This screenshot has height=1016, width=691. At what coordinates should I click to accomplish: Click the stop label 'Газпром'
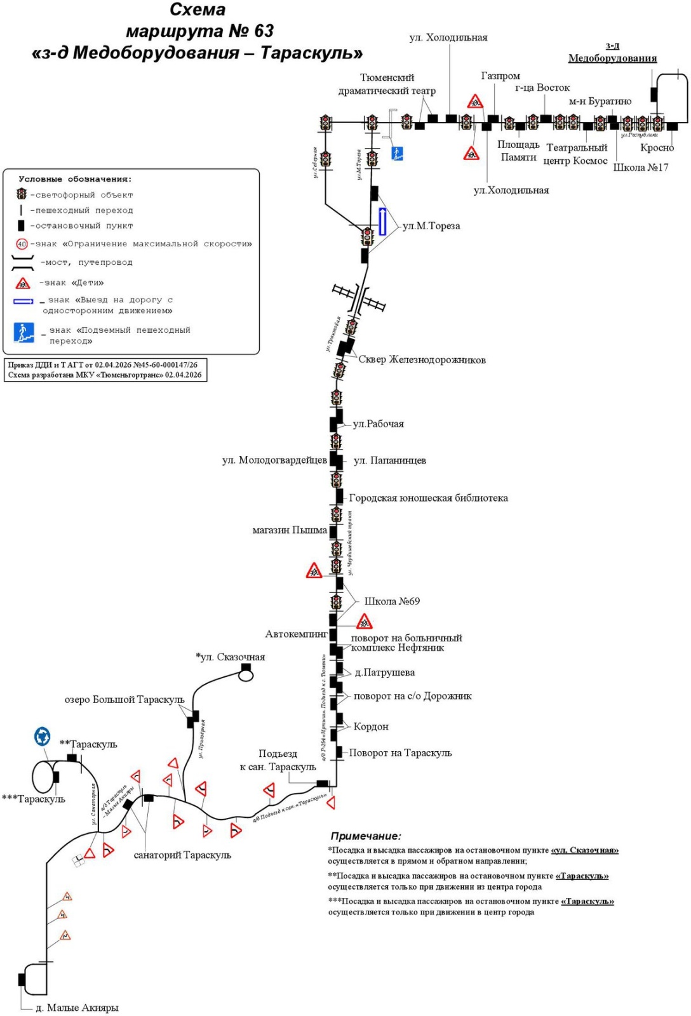500,76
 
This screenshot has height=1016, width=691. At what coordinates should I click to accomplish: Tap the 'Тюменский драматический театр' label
387,84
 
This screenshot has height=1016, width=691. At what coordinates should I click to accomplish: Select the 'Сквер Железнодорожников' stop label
422,360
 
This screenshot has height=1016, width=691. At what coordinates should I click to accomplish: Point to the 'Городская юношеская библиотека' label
428,498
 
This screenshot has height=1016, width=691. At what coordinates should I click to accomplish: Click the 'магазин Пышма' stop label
290,530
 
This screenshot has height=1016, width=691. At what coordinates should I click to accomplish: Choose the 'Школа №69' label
392,601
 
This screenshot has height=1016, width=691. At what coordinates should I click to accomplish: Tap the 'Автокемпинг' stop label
296,634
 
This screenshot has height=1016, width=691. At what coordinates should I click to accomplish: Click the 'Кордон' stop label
371,726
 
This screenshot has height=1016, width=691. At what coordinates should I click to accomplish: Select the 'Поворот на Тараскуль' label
400,753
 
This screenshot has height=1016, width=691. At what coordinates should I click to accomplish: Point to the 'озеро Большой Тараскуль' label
124,699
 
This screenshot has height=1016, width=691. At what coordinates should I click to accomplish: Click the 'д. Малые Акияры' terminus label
77,1008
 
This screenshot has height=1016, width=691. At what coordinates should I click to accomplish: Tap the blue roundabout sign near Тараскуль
43,737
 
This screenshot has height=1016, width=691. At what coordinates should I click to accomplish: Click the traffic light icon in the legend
22,194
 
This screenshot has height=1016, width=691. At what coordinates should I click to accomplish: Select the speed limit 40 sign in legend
22,244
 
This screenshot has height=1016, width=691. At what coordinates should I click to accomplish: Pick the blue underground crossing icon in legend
24,333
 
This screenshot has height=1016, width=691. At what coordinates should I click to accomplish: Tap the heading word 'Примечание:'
366,836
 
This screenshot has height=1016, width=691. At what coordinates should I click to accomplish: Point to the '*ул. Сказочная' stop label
231,657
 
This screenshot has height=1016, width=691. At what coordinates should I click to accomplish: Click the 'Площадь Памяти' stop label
518,151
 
